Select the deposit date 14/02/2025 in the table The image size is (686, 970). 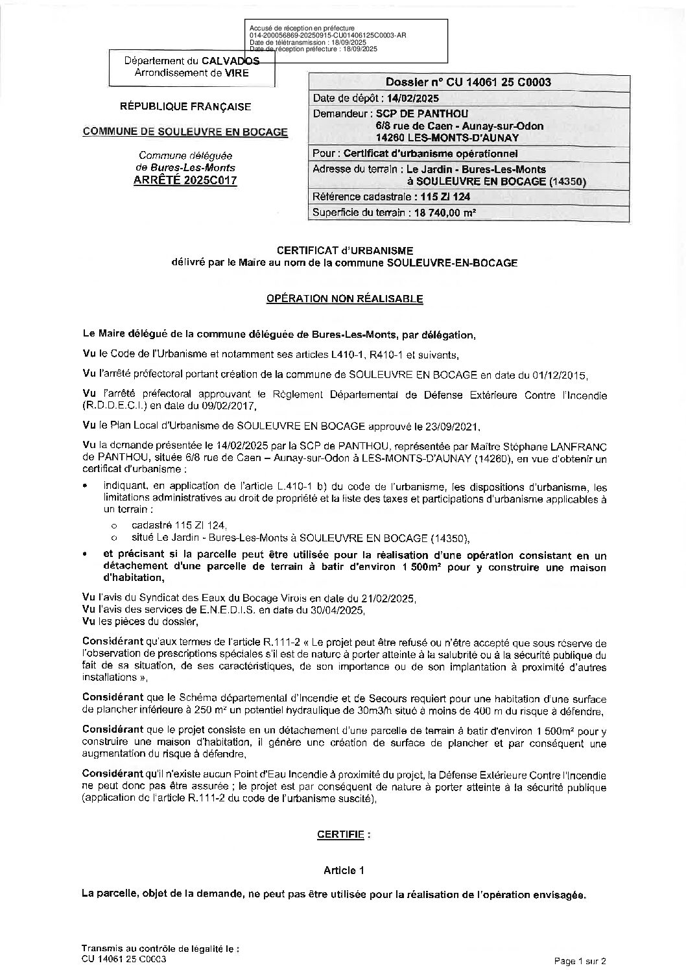[411, 99]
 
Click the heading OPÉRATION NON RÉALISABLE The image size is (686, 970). [345, 299]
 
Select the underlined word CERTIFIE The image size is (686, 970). [340, 834]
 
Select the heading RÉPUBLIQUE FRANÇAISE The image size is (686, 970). [186, 107]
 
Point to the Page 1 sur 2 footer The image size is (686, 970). [580, 960]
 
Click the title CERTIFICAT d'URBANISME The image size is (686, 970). [344, 250]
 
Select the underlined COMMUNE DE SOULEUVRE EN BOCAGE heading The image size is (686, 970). [185, 132]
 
